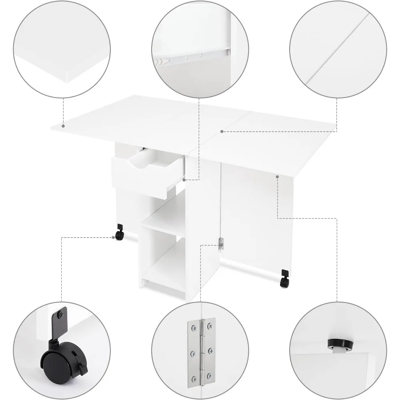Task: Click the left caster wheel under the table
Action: pos(119,235)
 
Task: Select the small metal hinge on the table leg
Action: pos(221,244)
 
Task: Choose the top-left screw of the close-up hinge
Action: pos(194,329)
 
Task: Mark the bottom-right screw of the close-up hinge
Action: pos(209,377)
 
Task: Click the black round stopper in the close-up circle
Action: pos(336,343)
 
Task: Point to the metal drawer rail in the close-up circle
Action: pos(192,56)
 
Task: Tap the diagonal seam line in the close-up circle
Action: pos(336,48)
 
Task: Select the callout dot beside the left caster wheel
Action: pos(113,237)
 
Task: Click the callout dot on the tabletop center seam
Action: pos(221,131)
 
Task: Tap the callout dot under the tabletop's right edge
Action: pos(277,176)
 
